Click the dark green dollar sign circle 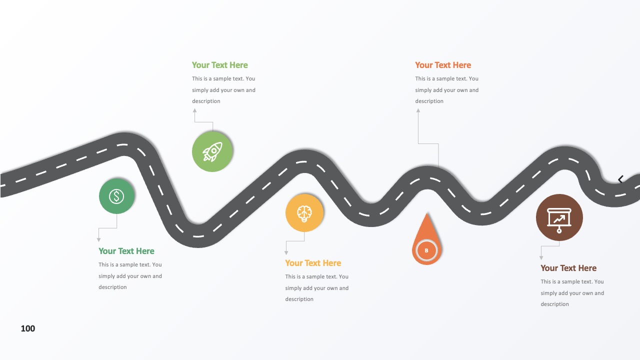point(116,196)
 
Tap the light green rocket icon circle point(212,151)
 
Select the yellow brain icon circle point(304,213)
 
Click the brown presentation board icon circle point(559,217)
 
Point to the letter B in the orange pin point(426,250)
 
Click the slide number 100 point(27,328)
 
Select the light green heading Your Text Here point(219,65)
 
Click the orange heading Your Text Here point(443,65)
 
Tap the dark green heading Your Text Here point(126,251)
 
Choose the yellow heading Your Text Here point(313,263)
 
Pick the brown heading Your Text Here point(568,268)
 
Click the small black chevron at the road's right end point(620,179)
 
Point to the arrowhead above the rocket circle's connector point(194,110)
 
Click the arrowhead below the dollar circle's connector point(98,239)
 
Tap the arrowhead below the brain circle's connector point(286,253)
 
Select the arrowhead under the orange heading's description point(418,110)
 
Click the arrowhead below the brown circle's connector point(541,257)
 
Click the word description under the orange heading point(429,101)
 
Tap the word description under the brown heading point(554,304)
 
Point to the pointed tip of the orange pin point(427,213)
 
